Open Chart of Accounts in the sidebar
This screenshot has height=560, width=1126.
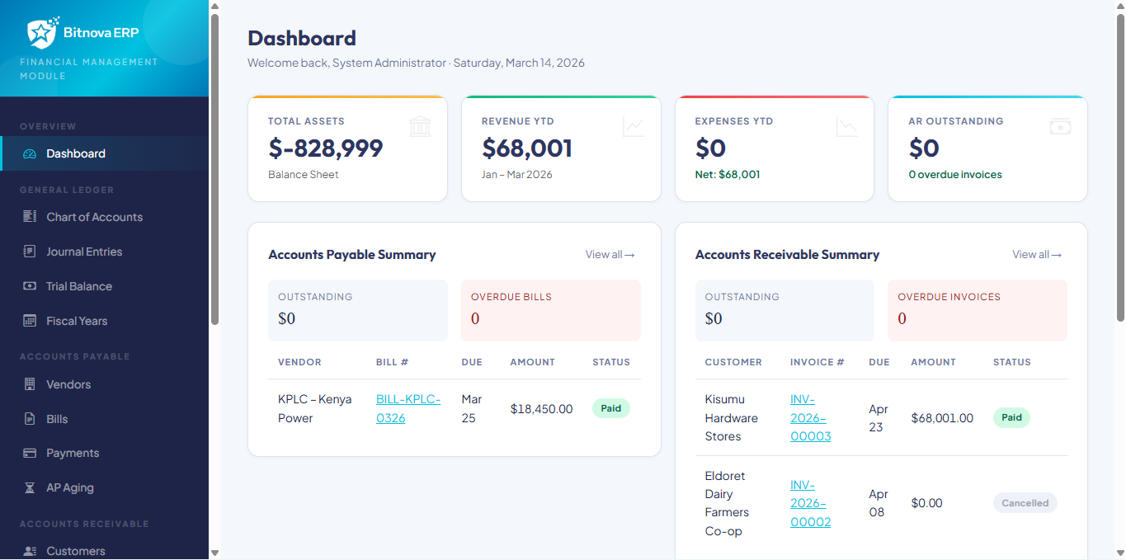[94, 217]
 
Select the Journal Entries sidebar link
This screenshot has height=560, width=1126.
[84, 252]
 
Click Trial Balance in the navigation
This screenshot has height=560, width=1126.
[79, 286]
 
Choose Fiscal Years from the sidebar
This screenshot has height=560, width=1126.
[77, 321]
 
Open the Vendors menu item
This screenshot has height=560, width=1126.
[68, 384]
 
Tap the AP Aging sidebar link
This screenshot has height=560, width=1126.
[70, 487]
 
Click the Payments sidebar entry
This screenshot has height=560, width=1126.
[73, 453]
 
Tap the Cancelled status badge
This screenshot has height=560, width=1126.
[1025, 503]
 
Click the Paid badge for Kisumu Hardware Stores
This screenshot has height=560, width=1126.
[1011, 417]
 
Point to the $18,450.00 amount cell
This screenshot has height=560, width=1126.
[541, 409]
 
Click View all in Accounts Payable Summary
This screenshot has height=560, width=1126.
[610, 255]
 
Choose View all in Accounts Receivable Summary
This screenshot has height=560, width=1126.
[1037, 255]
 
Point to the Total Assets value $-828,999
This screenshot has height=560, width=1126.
[326, 148]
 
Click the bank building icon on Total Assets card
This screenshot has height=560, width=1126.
[420, 126]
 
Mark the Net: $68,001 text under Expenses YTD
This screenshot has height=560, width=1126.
[728, 175]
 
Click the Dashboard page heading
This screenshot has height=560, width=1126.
[302, 38]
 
